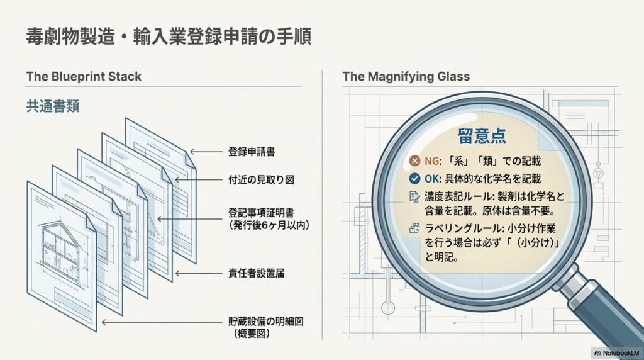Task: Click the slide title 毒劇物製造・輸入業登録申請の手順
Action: [x=169, y=37]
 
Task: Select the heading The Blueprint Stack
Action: [x=84, y=76]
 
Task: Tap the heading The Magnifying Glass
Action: [x=406, y=76]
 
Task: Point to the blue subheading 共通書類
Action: [x=53, y=106]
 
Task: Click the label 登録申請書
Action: [x=252, y=152]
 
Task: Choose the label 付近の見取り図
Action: [x=261, y=179]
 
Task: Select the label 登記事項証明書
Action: [x=261, y=213]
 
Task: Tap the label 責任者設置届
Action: [x=257, y=273]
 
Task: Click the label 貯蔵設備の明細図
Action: [x=266, y=322]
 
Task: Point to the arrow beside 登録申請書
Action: [x=206, y=152]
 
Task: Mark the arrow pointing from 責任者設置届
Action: [x=199, y=273]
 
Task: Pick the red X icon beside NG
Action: [x=415, y=160]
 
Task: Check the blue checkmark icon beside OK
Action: [x=415, y=178]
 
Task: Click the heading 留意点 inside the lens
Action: [x=482, y=136]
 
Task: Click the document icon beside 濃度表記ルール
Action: [x=415, y=196]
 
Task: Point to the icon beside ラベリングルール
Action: [x=415, y=228]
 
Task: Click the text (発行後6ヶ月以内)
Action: [x=269, y=225]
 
